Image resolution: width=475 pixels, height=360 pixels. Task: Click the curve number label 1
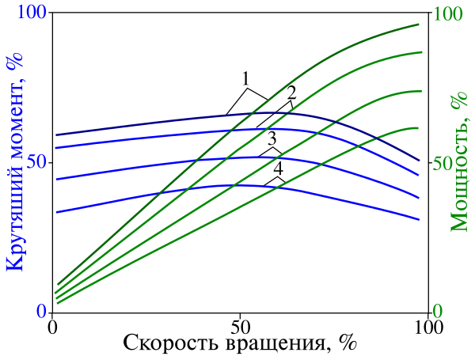246,79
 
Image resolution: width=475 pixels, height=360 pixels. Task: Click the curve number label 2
291,92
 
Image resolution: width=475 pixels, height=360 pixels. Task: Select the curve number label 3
272,140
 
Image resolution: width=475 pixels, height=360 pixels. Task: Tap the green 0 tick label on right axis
438,312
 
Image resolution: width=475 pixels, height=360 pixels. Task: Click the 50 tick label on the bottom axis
240,326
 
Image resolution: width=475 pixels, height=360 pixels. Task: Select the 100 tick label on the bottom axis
427,326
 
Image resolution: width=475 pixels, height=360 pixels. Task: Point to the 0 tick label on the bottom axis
52,326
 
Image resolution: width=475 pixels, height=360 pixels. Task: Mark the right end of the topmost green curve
419,25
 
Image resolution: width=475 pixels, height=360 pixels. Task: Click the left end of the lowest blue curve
57,212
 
